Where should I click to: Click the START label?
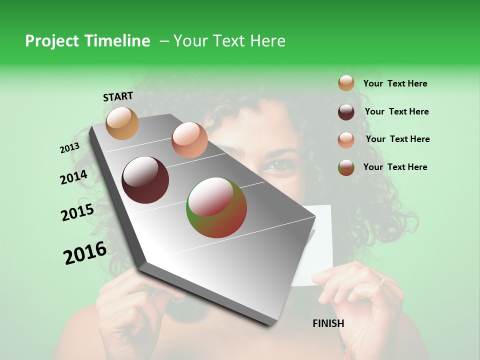[118, 96]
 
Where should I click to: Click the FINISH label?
[328, 323]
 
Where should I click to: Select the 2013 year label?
[69, 148]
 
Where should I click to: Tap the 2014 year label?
[73, 177]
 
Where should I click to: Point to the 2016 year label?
[85, 252]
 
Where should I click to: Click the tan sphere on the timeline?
[122, 123]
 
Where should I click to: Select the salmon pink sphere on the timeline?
[189, 140]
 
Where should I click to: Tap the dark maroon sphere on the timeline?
[145, 180]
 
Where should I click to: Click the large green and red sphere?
[216, 207]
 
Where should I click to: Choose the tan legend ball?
[346, 83]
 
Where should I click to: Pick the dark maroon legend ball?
[346, 111]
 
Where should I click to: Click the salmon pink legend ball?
[346, 139]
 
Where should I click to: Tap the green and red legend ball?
[346, 167]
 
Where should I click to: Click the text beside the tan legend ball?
[395, 83]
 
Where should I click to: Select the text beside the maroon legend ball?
[396, 111]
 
